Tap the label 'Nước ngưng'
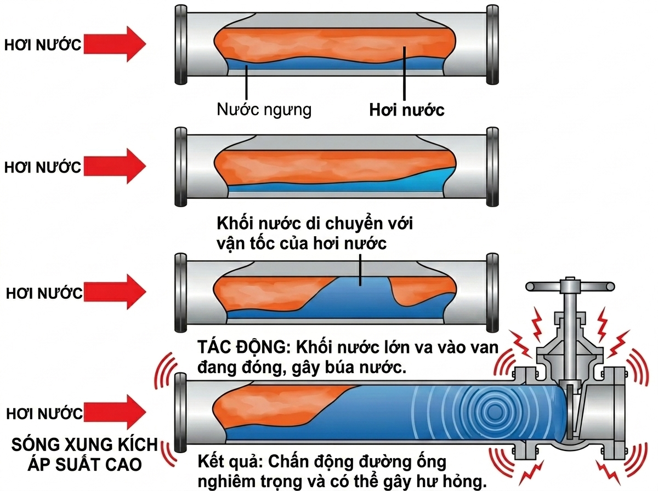pyautogui.click(x=264, y=109)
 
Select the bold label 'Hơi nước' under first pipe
pyautogui.click(x=406, y=110)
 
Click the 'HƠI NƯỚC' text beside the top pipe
pyautogui.click(x=43, y=45)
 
